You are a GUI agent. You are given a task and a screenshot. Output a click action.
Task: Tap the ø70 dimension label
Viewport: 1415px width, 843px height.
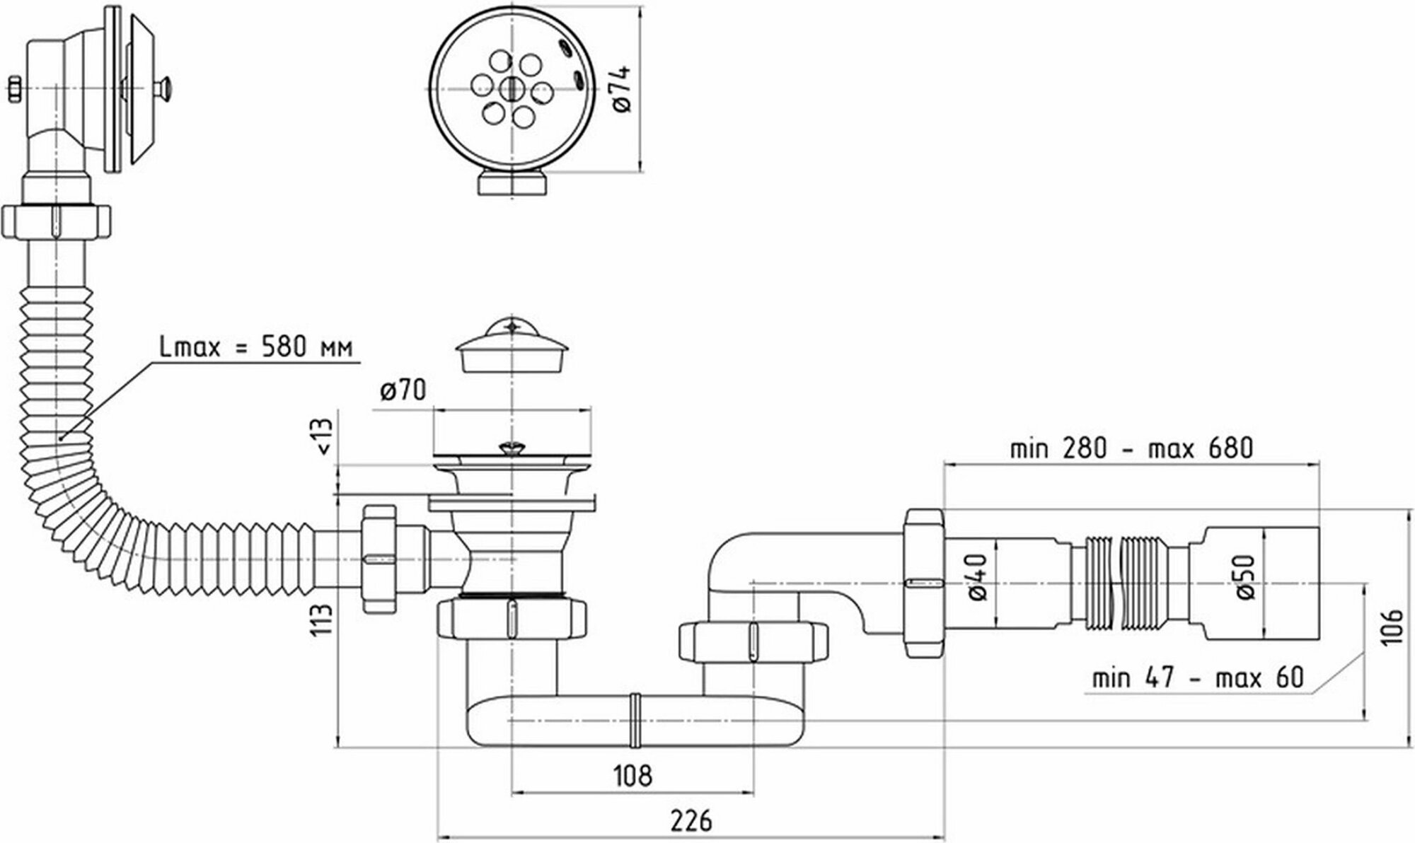pyautogui.click(x=403, y=390)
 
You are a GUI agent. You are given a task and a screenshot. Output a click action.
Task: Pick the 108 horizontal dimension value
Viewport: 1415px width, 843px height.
pyautogui.click(x=632, y=775)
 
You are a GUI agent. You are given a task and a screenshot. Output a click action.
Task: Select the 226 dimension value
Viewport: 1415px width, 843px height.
pyautogui.click(x=691, y=821)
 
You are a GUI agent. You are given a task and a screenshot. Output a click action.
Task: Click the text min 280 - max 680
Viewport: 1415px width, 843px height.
pyautogui.click(x=1131, y=448)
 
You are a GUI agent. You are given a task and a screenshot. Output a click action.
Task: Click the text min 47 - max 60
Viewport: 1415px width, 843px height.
pyautogui.click(x=1197, y=678)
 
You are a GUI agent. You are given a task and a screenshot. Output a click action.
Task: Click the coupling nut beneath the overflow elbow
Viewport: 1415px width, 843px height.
pyautogui.click(x=57, y=222)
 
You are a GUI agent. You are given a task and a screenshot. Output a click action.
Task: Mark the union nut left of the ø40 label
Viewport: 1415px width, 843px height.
pyautogui.click(x=923, y=583)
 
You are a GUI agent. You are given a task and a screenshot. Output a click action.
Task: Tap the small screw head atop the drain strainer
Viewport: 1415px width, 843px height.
pyautogui.click(x=509, y=447)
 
